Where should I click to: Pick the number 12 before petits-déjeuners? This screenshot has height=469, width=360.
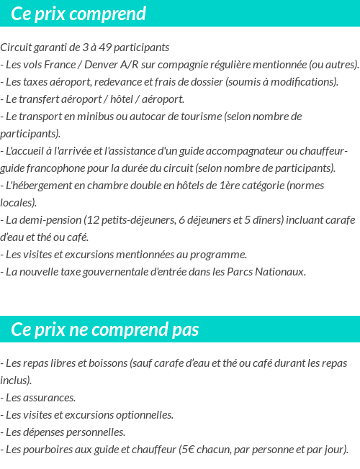point(94,219)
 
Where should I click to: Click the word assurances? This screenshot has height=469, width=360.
point(50,397)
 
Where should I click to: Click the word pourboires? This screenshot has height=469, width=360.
point(47,450)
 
